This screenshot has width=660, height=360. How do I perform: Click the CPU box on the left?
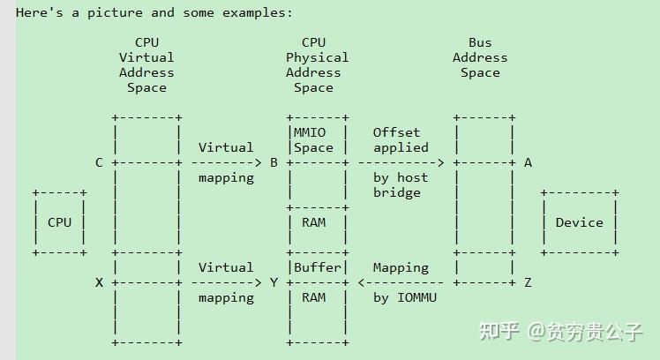[59, 222]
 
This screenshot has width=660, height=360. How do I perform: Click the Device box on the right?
[579, 222]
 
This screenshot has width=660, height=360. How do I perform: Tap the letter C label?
[99, 162]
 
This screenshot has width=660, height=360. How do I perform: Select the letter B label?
[274, 162]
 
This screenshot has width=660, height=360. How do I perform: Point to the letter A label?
[528, 162]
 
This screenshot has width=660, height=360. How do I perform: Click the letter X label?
[99, 282]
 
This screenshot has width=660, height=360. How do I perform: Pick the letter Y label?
[274, 282]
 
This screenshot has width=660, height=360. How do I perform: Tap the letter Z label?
[528, 282]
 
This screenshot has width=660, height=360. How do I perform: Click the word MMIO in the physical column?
[310, 132]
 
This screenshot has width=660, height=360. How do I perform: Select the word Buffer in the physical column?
[318, 267]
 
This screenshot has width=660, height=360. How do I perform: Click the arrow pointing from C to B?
[227, 162]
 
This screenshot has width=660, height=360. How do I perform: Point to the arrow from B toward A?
[401, 162]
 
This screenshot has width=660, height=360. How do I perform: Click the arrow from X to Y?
[227, 282]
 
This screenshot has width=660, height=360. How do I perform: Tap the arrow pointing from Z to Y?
[401, 282]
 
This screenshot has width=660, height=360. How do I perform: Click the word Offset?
[396, 132]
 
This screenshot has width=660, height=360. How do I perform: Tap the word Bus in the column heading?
[480, 42]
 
